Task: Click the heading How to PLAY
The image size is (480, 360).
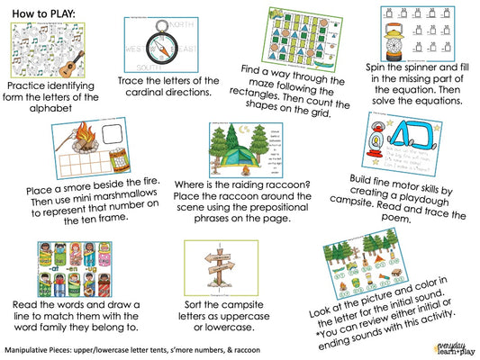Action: click(44, 13)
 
